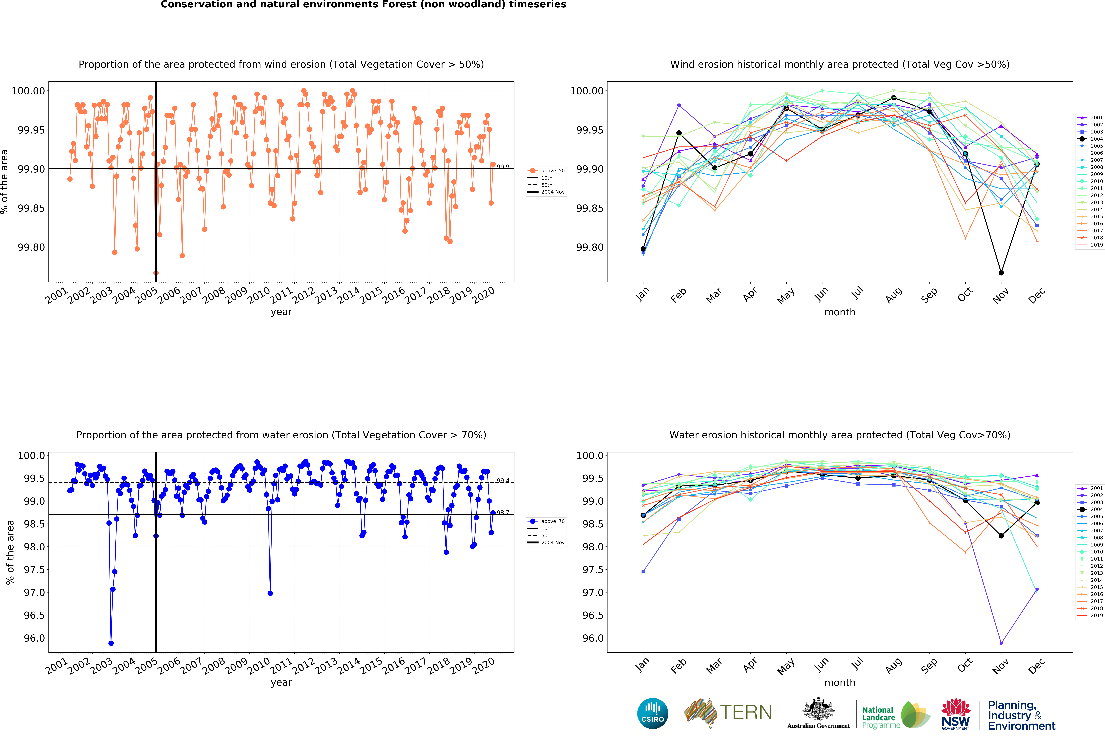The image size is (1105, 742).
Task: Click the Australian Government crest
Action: click(818, 710)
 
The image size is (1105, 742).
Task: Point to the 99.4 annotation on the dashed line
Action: click(503, 481)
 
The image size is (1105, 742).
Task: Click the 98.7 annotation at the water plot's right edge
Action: click(503, 512)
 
